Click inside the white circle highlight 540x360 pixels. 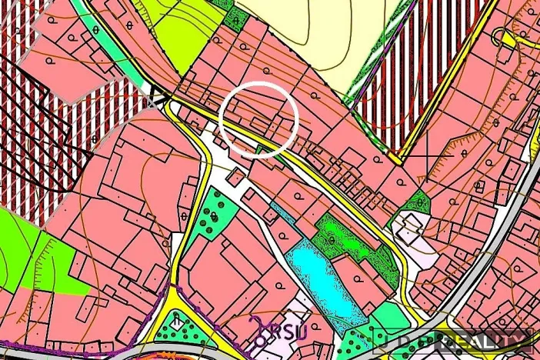(258, 119)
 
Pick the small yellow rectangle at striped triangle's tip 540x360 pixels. (395, 157)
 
